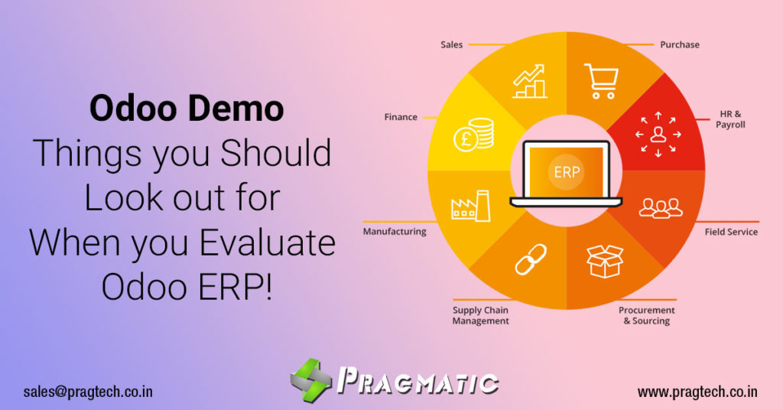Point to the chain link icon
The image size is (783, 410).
coord(529,259)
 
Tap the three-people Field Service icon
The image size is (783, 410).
coord(659,207)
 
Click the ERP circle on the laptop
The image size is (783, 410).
coord(567,172)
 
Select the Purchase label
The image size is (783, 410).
coord(679,44)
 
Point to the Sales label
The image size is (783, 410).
coord(451,44)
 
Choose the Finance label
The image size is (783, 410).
coord(401,117)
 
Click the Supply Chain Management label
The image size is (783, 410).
coord(480,316)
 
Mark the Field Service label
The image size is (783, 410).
coord(731,231)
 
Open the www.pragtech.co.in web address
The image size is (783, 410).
coord(697,392)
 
